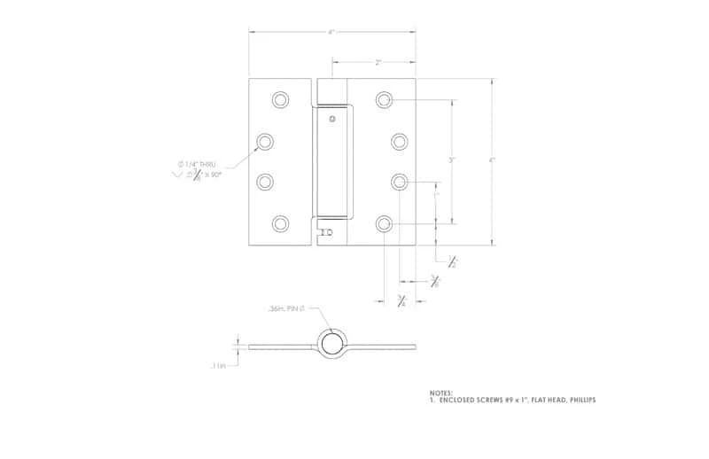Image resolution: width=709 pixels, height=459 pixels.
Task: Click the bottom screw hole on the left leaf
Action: [280, 223]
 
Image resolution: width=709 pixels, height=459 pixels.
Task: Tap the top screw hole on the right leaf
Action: [384, 99]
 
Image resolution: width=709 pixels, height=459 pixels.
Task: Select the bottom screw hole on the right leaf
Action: [384, 223]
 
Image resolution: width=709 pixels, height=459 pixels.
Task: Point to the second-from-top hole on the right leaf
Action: [400, 141]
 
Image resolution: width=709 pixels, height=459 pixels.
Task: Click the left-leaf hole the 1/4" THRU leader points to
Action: [265, 141]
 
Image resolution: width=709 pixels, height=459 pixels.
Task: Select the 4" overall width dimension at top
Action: [331, 33]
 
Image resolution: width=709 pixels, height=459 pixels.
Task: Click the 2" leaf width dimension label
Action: [378, 62]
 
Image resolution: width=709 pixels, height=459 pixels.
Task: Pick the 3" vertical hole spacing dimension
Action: [452, 160]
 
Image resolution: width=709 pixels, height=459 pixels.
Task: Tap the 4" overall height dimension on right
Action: [492, 160]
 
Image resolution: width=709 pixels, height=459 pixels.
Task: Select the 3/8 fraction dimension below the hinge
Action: [434, 282]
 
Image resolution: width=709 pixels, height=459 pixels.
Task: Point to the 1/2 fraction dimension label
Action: [452, 261]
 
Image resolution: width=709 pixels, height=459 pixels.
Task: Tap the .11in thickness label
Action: [219, 364]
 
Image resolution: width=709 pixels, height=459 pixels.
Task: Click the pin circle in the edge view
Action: [331, 344]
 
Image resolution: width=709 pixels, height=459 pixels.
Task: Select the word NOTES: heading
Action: [440, 392]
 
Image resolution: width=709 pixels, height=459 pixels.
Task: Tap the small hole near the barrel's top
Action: [331, 119]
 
